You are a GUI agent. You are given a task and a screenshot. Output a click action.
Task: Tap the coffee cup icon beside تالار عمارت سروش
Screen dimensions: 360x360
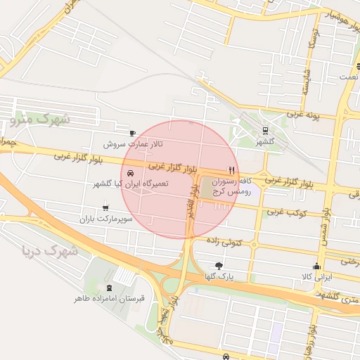coord(132,133)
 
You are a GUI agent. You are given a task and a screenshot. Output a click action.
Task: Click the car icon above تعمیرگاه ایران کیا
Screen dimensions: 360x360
coord(131,173)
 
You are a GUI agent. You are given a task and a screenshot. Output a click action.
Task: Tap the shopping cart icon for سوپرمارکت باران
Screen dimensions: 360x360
coord(105,207)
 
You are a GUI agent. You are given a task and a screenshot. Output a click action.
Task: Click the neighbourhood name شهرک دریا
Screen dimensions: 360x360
coord(50,250)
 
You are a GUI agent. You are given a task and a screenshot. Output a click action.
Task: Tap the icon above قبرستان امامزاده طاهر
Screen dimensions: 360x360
coord(108,287)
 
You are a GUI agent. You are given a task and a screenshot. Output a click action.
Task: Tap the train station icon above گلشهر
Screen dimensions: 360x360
coord(264,130)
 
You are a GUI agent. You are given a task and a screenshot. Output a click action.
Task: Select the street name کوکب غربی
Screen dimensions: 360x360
coord(283,212)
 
